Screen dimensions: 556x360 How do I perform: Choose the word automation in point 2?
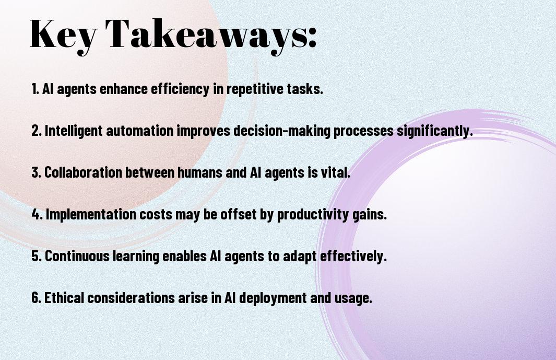tap(140, 131)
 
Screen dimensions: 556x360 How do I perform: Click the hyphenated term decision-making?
tap(282, 131)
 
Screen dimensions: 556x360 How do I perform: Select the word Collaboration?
tap(83, 172)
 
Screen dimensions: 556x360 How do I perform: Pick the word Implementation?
tap(91, 214)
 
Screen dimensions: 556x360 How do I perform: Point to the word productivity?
tap(313, 214)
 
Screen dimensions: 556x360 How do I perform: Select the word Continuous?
tap(77, 256)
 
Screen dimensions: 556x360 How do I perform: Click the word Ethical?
tap(64, 298)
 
